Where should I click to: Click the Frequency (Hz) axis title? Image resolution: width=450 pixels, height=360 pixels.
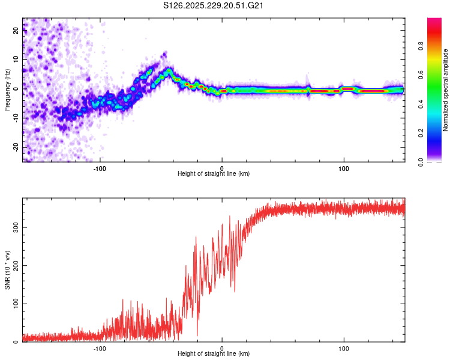8,89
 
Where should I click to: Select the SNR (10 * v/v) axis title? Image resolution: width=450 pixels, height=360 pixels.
8,269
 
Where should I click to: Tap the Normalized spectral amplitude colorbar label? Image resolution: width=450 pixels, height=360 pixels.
445,90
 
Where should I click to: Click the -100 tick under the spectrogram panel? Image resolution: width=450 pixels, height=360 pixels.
100,167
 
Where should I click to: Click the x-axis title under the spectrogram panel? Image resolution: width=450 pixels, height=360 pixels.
214,174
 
